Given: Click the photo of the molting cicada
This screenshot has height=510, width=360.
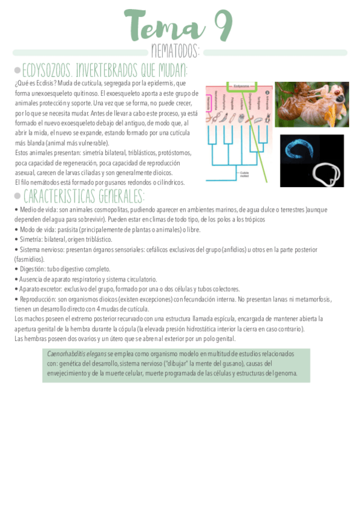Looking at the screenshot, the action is tap(311, 104).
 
